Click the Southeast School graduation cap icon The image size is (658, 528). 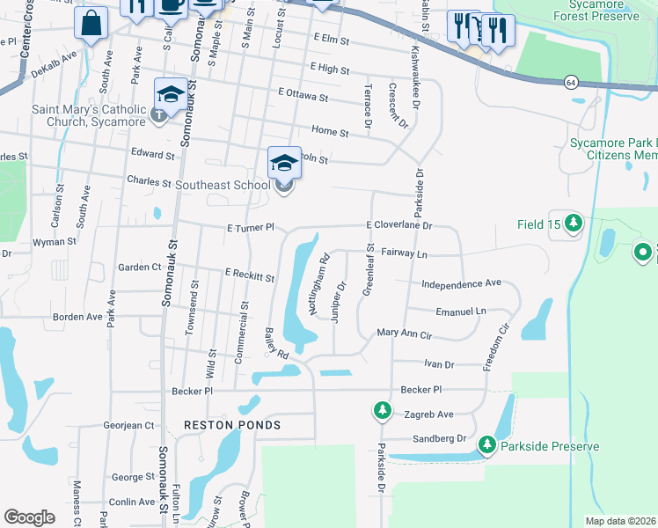[x=284, y=163]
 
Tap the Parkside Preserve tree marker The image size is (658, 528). [x=486, y=446]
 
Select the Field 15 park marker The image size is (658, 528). [x=574, y=224]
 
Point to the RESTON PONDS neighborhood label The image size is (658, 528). [x=232, y=425]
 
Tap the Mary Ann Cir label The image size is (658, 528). [x=404, y=334]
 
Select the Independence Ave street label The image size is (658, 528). [x=461, y=284]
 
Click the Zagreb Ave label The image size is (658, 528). [x=426, y=414]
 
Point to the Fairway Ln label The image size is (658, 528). [x=404, y=253]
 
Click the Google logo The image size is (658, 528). [x=29, y=517]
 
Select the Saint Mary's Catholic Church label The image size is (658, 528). [x=89, y=115]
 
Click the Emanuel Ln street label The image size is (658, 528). [x=461, y=312]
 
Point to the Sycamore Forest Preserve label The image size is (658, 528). [x=603, y=11]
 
